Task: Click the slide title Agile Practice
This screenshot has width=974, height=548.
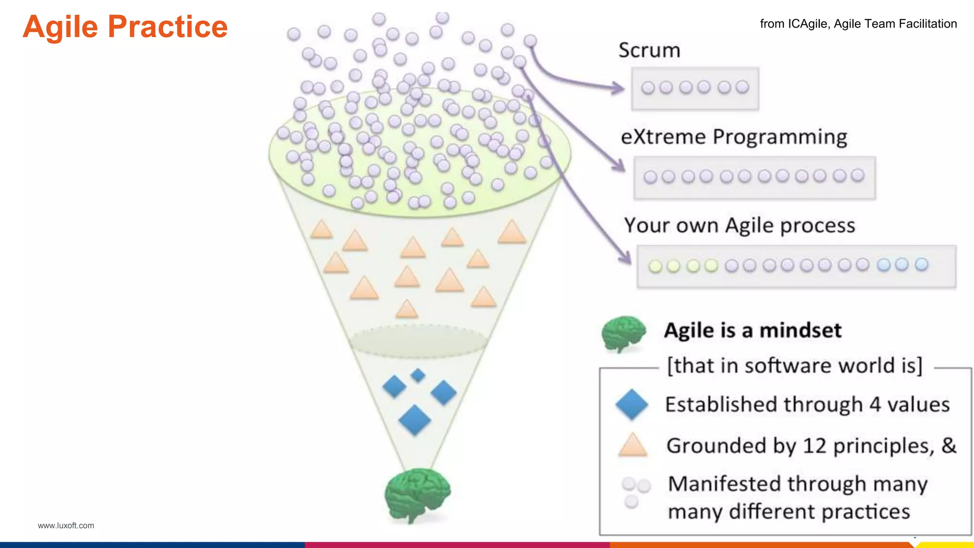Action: click(x=125, y=27)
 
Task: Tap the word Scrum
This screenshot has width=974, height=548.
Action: click(x=649, y=50)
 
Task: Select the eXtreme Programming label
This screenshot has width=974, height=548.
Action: click(x=734, y=137)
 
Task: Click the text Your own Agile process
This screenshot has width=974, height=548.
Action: click(x=740, y=225)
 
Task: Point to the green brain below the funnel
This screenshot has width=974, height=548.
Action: click(x=417, y=494)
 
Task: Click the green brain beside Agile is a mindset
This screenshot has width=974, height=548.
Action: click(x=623, y=333)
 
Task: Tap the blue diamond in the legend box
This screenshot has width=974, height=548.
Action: click(x=632, y=404)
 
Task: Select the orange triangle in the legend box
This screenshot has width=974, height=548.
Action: click(x=633, y=446)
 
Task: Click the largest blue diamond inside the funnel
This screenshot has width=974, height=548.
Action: click(x=415, y=421)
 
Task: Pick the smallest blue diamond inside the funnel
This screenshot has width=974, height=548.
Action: click(x=418, y=375)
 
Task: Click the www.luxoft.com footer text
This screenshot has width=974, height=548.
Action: click(x=66, y=526)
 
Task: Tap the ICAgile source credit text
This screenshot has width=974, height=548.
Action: click(x=858, y=24)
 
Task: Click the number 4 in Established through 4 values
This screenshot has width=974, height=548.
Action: click(x=875, y=405)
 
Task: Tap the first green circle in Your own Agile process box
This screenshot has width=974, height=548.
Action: click(x=655, y=266)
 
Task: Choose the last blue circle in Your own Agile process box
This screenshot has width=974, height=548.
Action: click(x=921, y=264)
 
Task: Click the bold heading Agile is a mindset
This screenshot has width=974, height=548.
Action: click(x=752, y=331)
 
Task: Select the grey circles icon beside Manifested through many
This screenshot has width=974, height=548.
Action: click(x=635, y=491)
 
